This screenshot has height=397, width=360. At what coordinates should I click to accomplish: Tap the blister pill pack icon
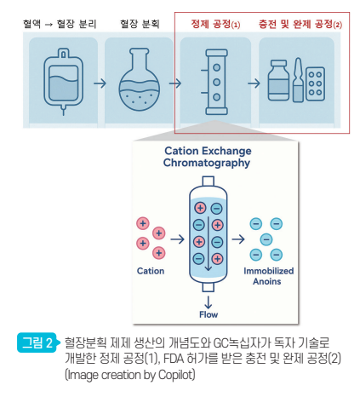click(315, 83)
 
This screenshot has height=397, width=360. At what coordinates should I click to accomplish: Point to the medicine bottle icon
click(278, 80)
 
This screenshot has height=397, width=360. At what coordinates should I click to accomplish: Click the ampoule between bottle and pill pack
click(298, 80)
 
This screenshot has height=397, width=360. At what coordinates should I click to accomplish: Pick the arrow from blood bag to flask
click(100, 83)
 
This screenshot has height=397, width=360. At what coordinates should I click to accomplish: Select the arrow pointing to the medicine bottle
click(254, 83)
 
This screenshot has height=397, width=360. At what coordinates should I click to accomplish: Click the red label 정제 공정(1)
click(215, 24)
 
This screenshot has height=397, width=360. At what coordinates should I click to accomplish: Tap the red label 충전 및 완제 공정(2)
click(300, 24)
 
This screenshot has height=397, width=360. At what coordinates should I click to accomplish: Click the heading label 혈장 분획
click(140, 24)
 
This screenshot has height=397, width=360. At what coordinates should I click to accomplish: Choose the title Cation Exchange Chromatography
click(208, 157)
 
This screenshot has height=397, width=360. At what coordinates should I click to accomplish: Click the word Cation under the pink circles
click(151, 271)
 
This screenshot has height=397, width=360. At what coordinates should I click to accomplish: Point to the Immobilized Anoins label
click(268, 276)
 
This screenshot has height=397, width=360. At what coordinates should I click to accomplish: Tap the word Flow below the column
click(209, 314)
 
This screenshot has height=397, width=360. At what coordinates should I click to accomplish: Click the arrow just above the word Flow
click(209, 302)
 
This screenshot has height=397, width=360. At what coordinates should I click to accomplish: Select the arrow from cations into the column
click(177, 239)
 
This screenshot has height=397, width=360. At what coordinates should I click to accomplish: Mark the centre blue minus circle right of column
click(266, 239)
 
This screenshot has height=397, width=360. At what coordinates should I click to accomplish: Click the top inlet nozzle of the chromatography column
click(208, 181)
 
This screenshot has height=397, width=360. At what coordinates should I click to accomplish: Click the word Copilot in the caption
click(177, 375)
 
